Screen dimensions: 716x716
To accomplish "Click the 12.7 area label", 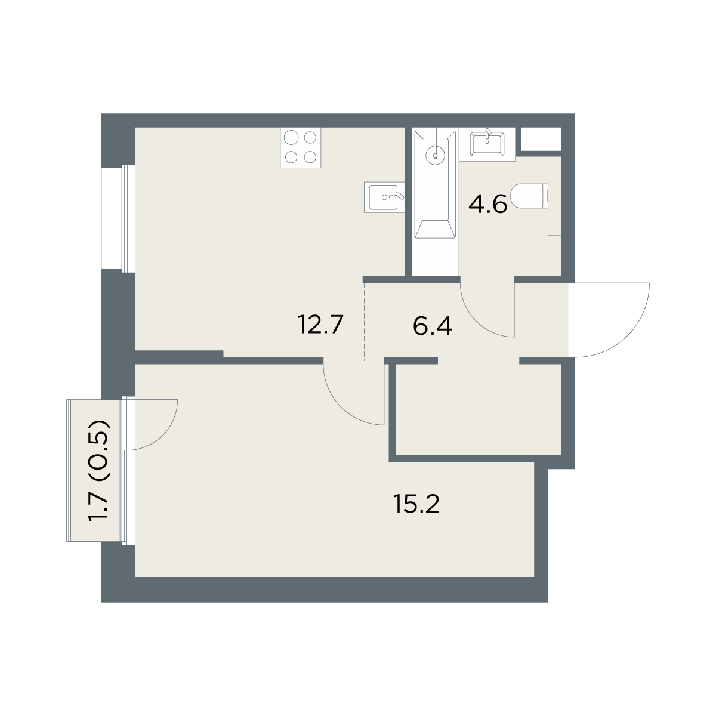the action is tap(320, 325).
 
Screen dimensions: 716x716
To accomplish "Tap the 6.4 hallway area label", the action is tap(432, 326).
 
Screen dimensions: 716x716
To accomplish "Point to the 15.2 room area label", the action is tap(416, 505).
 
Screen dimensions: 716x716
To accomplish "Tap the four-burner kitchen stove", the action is tap(300, 148).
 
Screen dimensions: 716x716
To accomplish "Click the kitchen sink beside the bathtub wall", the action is tap(384, 197).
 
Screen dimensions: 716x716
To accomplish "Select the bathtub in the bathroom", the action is tap(435, 184).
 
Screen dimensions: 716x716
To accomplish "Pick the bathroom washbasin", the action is tap(487, 144).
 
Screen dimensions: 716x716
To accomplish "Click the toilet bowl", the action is tap(529, 196).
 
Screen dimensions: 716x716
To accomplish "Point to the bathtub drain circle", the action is tap(435, 153).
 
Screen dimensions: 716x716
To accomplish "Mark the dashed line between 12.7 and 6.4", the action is tap(364, 322).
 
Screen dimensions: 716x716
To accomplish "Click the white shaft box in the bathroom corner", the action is tap(541, 139).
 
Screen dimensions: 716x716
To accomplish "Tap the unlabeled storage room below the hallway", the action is tap(479, 409).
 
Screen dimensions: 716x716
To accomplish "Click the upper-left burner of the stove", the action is tap(291, 138).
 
